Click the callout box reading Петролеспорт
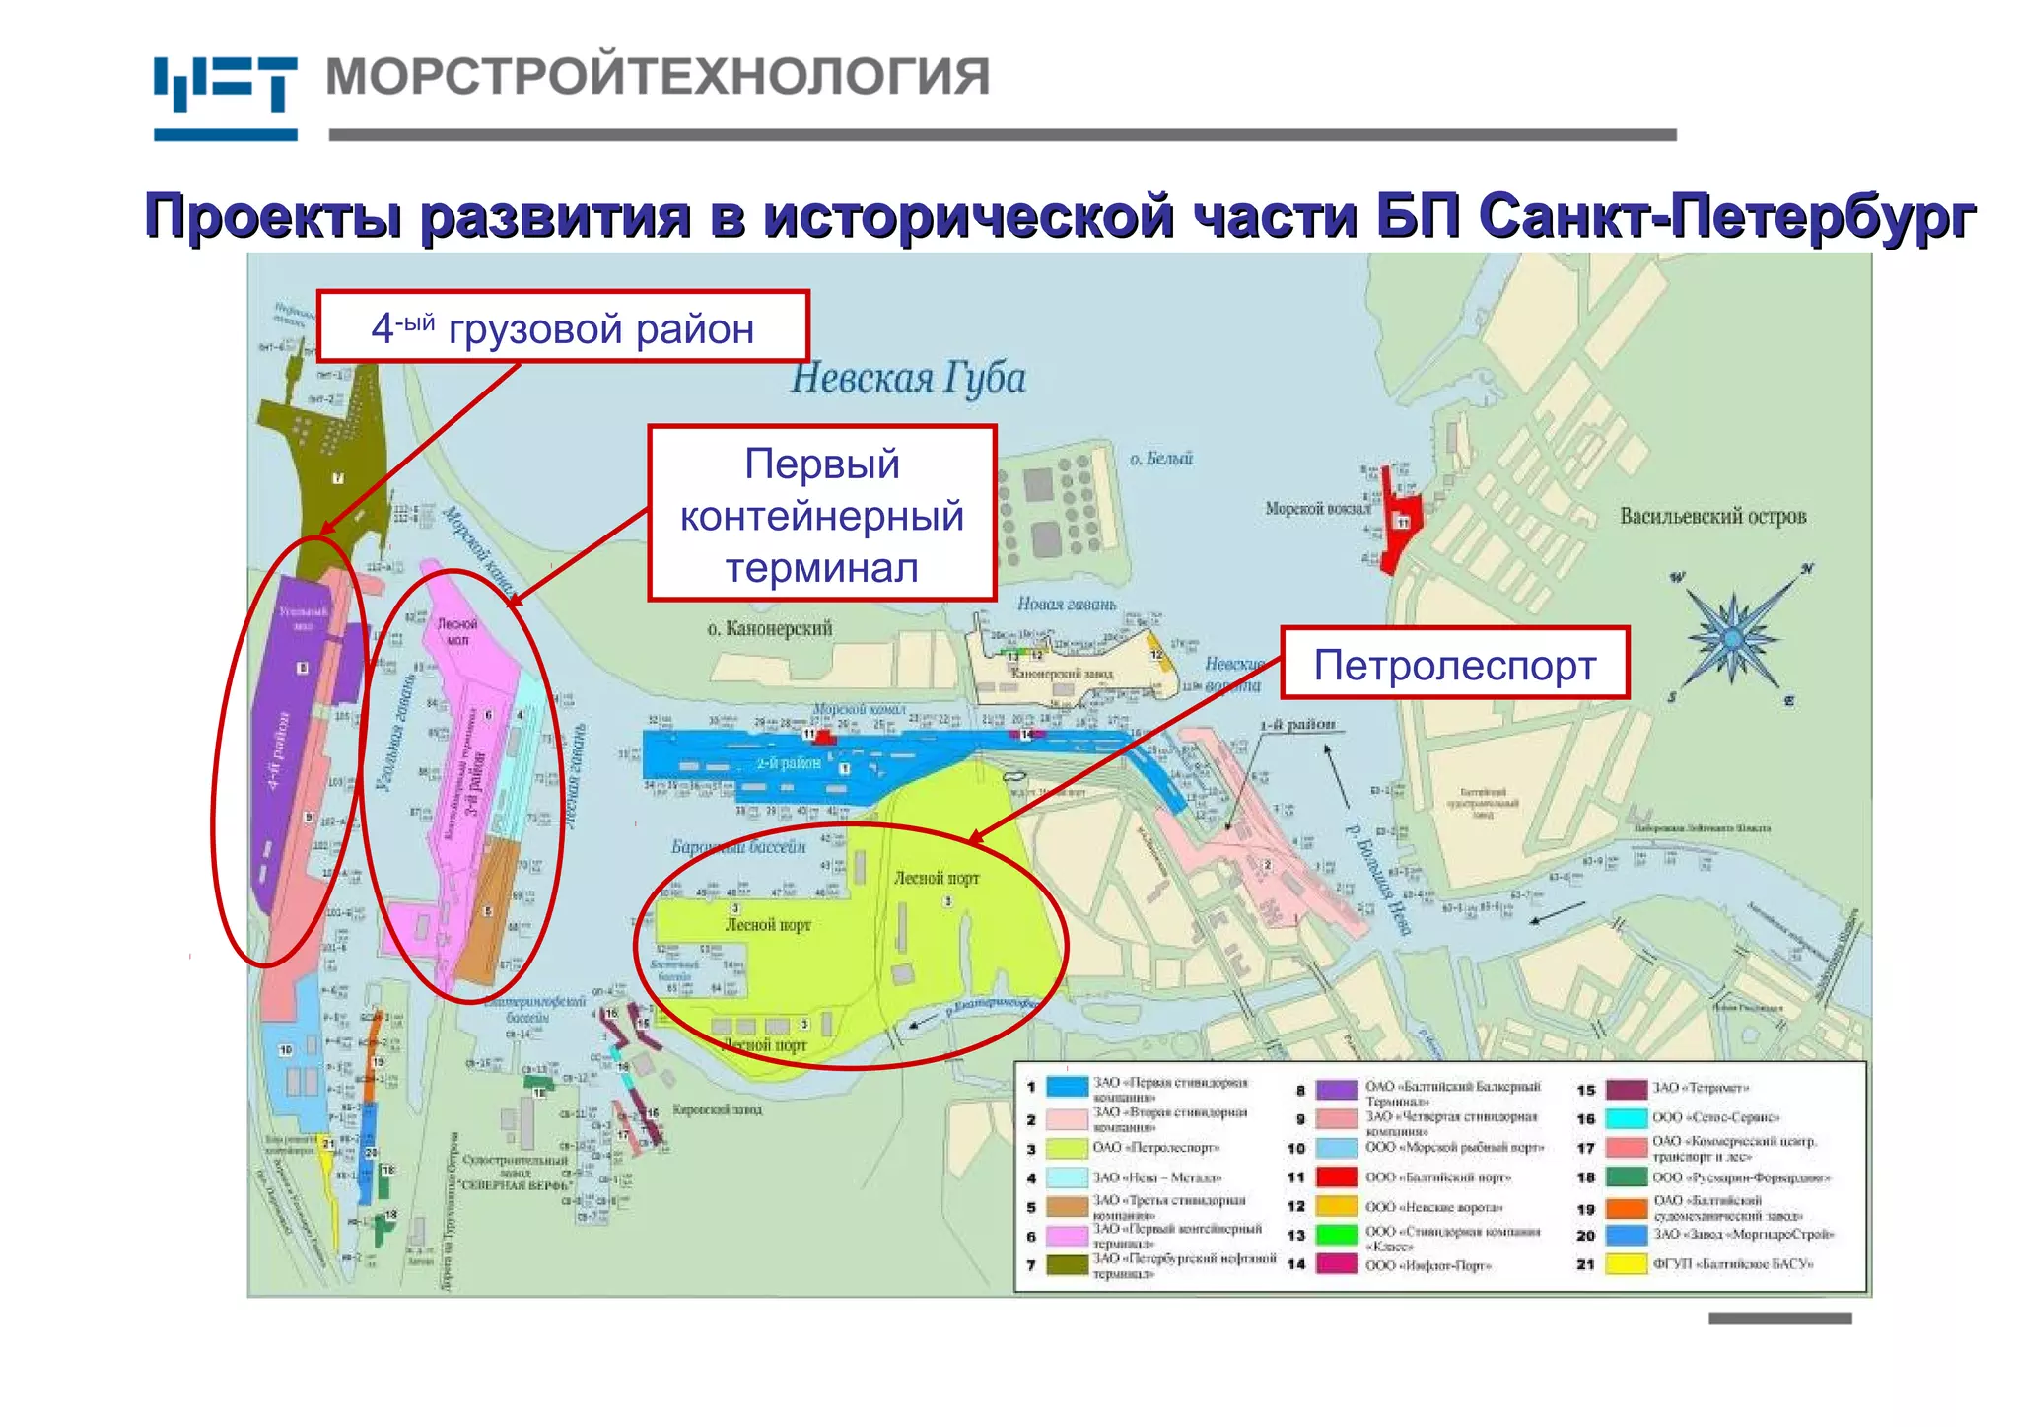1454,665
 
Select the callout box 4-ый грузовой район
562,327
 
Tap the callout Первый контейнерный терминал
821,514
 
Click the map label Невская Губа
908,379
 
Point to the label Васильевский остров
1712,516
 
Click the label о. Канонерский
770,628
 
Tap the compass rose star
1733,636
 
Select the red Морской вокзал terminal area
1398,520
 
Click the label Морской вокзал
1317,509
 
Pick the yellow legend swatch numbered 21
1626,1263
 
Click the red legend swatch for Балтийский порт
1337,1177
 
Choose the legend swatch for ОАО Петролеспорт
1066,1148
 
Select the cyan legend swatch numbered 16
1626,1118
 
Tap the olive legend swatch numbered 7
1066,1264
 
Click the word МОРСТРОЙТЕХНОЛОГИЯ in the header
658,77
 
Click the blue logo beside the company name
225,97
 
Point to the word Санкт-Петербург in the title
1727,215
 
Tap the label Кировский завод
717,1109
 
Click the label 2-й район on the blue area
789,763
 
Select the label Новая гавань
1067,604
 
